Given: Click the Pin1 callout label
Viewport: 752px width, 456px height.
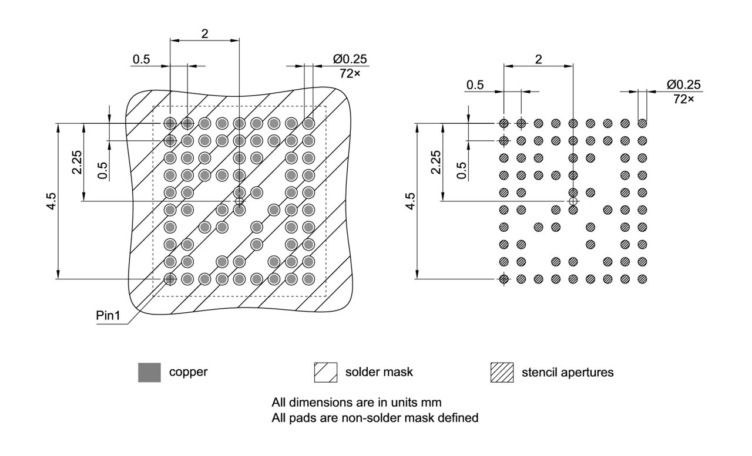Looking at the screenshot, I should [x=108, y=316].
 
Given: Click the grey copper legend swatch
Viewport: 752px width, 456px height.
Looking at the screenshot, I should [x=149, y=372].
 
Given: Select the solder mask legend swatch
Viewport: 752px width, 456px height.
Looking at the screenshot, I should [x=326, y=372].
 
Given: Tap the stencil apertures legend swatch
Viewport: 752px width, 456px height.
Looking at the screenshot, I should [x=502, y=372].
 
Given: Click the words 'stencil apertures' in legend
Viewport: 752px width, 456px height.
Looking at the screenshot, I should [x=568, y=372].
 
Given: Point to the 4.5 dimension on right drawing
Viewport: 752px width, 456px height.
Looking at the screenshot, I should [x=411, y=201].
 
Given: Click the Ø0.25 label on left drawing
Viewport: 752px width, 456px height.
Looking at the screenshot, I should [x=350, y=60].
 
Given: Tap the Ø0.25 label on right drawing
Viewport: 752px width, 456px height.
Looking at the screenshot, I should [x=683, y=85].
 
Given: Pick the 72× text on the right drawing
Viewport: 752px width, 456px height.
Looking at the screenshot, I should [x=683, y=99].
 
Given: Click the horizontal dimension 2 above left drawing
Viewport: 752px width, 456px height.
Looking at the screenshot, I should [x=204, y=33].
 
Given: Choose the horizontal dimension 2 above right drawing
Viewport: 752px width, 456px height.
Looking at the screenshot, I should [x=538, y=59].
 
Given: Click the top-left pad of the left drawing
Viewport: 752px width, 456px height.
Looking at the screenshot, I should [x=170, y=123].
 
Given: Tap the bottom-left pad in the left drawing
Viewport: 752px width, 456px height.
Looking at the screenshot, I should [x=170, y=278].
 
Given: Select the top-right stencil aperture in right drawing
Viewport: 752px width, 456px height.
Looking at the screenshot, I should [x=642, y=124].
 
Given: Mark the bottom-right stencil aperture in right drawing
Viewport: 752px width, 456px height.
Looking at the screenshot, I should [x=642, y=279].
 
